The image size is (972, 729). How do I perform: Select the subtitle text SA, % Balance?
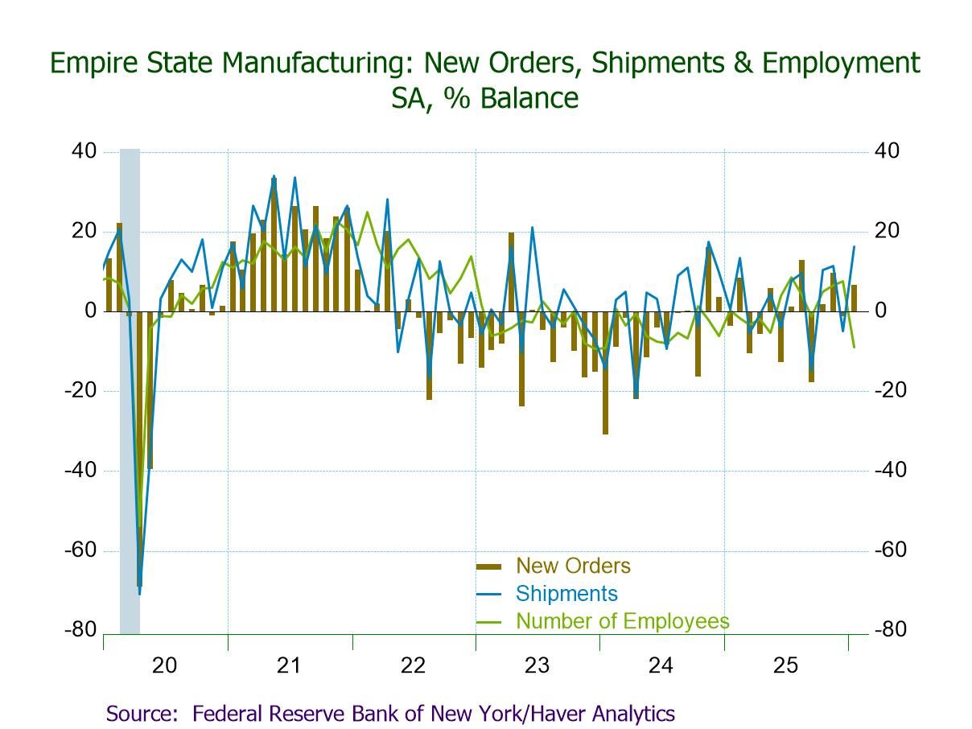click(x=485, y=98)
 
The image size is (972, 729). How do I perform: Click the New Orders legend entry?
click(x=573, y=566)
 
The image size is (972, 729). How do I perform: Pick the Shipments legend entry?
click(x=566, y=594)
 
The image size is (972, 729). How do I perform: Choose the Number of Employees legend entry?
click(x=622, y=621)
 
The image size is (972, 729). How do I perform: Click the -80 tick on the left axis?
click(x=81, y=630)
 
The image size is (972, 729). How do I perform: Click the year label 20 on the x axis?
click(x=164, y=665)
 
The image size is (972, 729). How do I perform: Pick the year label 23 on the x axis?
click(x=537, y=665)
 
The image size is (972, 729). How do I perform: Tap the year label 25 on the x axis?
click(x=785, y=665)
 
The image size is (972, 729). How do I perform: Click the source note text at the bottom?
click(x=390, y=713)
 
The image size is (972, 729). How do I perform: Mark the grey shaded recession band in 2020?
click(x=130, y=386)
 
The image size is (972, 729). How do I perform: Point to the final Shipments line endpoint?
click(x=854, y=246)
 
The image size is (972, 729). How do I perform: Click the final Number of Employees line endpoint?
click(x=854, y=347)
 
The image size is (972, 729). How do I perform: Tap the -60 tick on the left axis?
click(x=81, y=550)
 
